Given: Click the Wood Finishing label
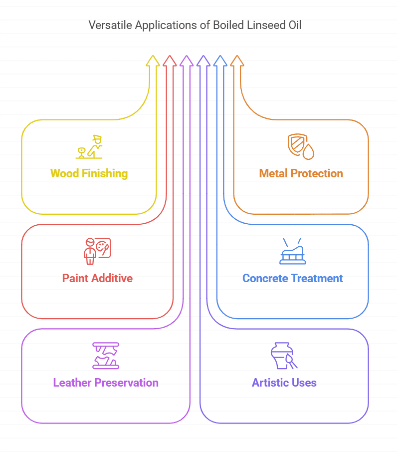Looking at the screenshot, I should point(89,173).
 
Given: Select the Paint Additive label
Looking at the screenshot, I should point(97,278).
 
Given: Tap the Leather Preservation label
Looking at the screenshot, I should point(106,383).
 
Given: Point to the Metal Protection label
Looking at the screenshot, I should point(301,173).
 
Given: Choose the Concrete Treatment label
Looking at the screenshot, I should point(292,278).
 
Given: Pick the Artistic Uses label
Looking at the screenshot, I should point(284,383).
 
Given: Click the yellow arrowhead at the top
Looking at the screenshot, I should point(153,60).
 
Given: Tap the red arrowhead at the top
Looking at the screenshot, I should point(170,60).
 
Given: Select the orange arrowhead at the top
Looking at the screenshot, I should point(237,60).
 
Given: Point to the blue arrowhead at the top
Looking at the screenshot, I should point(220,60).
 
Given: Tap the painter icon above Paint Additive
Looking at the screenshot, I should point(97,251).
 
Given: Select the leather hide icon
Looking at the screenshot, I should point(106,355).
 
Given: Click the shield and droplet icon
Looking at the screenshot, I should point(301,146).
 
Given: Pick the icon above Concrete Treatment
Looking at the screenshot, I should point(292,251).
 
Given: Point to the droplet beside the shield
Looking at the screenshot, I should point(309,151).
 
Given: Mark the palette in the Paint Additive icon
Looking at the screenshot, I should point(103,247).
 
